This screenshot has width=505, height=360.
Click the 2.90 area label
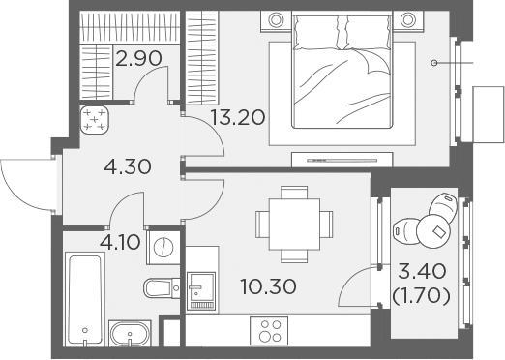[x=138, y=59]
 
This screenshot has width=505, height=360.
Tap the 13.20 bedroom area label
[x=238, y=117]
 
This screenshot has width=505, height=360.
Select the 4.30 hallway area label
[x=128, y=167]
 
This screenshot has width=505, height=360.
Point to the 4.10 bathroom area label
[x=120, y=242]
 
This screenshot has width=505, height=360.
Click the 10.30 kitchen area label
[x=268, y=286]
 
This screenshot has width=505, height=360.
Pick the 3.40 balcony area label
[x=422, y=271]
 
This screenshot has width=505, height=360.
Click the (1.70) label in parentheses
[x=421, y=296]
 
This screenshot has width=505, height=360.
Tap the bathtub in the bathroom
[x=85, y=299]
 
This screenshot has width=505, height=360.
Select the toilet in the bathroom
[x=162, y=288]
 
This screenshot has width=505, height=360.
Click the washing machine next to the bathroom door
[x=163, y=248]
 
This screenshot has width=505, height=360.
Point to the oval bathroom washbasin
[x=130, y=334]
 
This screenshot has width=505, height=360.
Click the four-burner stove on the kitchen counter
[x=269, y=330]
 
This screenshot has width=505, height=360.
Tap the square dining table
[x=294, y=225]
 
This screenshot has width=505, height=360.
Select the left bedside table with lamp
[x=276, y=21]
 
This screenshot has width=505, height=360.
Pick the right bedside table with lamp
[x=408, y=21]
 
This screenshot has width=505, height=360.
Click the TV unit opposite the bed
[x=342, y=160]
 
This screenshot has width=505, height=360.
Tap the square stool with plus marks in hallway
[x=94, y=120]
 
